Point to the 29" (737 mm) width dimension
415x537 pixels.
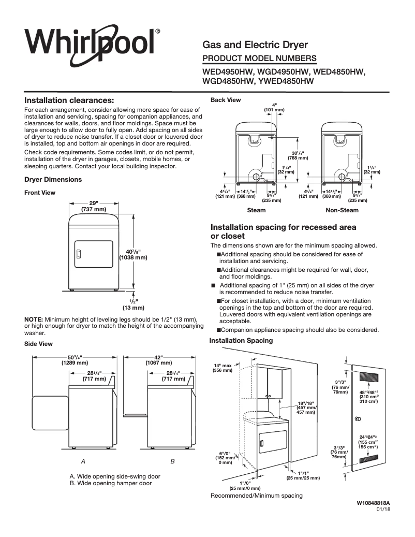click(93, 206)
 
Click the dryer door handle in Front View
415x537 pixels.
click(79, 254)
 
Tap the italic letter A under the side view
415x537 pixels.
click(83, 460)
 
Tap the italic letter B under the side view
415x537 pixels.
click(173, 460)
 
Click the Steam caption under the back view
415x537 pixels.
click(256, 210)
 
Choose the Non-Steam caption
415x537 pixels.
click(342, 210)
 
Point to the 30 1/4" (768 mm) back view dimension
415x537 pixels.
click(298, 156)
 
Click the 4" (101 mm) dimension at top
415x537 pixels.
click(274, 107)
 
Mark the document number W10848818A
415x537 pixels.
click(373, 503)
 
